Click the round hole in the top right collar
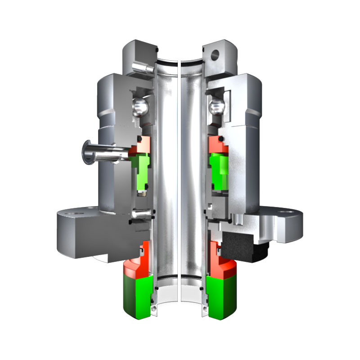pos(214,54)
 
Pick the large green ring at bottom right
pos(223,295)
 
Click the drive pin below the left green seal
pos(141,215)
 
